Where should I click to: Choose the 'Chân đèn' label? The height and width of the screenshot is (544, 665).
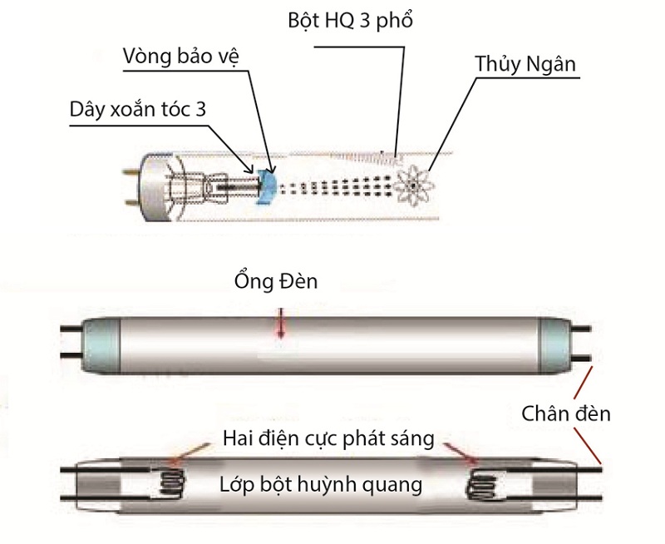coord(565,413)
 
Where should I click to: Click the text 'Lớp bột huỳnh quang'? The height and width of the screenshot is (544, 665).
coord(321,483)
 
